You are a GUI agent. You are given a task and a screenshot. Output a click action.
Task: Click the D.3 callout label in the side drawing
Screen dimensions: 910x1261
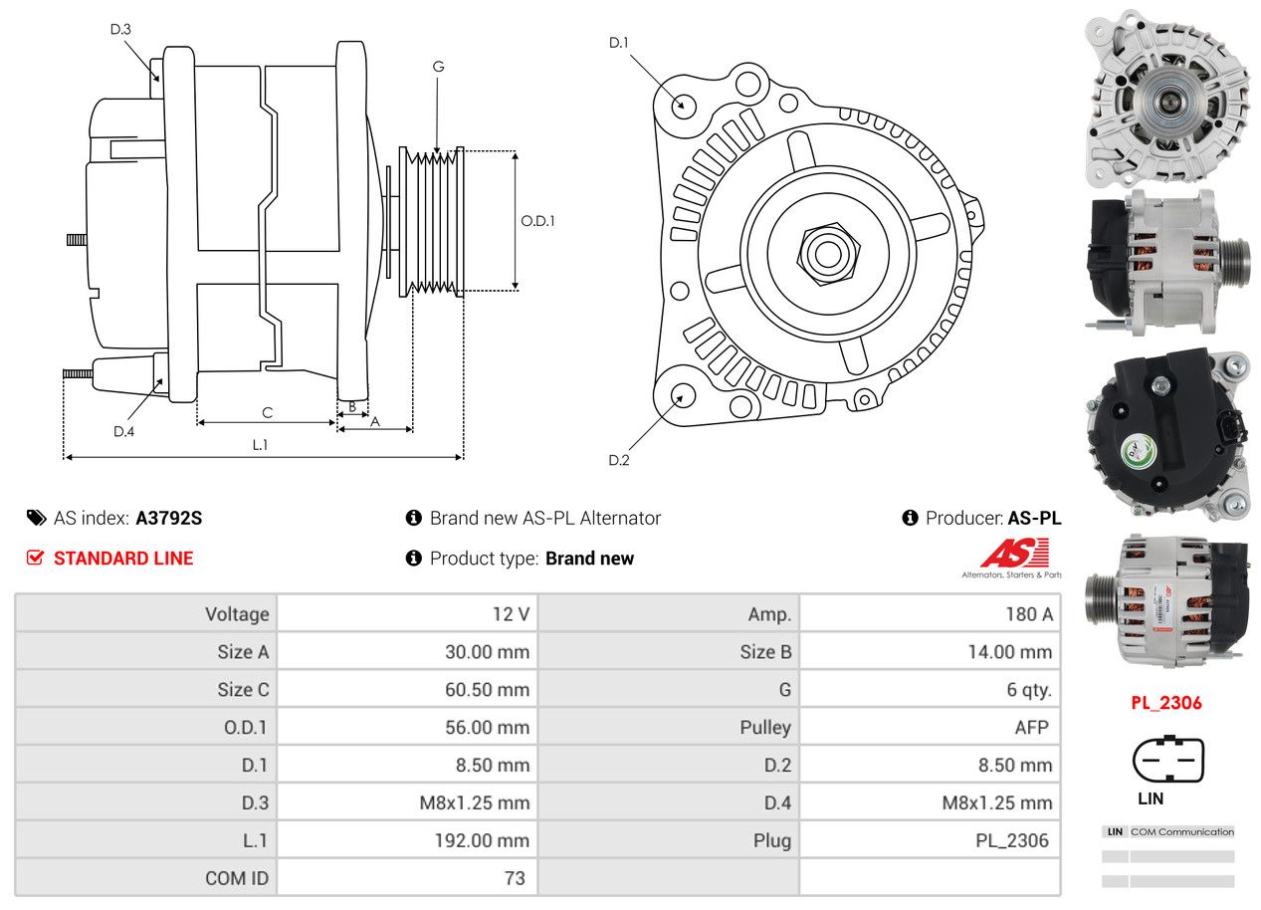point(120,29)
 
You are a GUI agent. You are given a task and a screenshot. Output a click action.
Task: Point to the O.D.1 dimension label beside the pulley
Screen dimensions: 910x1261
point(537,220)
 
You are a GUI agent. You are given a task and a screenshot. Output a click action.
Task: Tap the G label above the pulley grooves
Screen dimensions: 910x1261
point(438,67)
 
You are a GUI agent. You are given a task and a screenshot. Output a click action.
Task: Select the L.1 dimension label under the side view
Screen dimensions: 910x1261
point(260,444)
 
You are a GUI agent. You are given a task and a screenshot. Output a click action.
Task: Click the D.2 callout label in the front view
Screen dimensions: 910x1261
point(619,460)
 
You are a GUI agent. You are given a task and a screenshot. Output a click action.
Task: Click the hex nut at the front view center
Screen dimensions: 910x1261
point(825,252)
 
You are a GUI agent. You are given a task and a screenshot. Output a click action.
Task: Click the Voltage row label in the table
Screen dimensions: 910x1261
point(237,614)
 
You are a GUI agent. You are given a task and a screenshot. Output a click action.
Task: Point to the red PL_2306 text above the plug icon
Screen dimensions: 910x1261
point(1165,703)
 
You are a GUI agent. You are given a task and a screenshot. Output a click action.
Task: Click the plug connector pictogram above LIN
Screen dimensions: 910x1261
point(1167,761)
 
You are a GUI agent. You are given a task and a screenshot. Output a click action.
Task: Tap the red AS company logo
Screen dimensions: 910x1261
point(1014,554)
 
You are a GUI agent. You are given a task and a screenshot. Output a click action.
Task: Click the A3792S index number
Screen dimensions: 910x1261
point(169,518)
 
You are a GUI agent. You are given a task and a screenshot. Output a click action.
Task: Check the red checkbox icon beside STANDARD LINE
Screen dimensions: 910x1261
point(35,558)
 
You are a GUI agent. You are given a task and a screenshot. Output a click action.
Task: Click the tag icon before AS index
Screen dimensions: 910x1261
point(36,518)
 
